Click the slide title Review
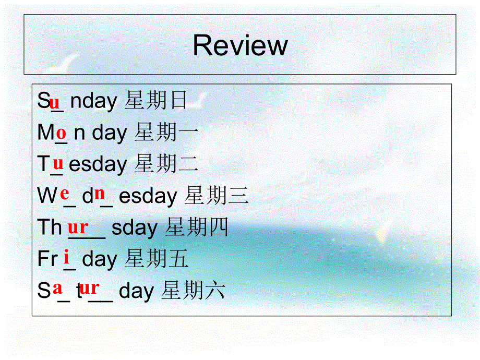[x=240, y=45]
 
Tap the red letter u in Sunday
[x=55, y=101]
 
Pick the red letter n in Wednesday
[x=100, y=194]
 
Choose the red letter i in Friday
[x=67, y=257]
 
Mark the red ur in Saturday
[x=90, y=287]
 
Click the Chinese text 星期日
[x=156, y=101]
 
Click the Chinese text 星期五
[x=156, y=259]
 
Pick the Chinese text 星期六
[x=193, y=291]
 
